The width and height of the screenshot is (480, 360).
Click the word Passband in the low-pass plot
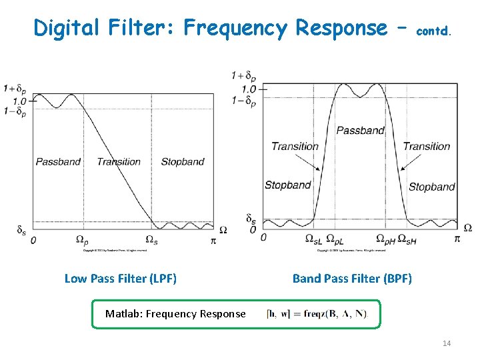click(58, 161)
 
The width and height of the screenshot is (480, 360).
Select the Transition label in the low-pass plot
click(119, 161)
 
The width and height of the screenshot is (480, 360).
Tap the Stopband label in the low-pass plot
click(182, 161)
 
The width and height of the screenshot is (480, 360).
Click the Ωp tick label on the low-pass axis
click(81, 240)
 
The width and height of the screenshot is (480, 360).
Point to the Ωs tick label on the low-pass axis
click(151, 240)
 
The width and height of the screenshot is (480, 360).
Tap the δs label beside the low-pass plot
click(21, 230)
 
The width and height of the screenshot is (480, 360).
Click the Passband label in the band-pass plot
click(360, 131)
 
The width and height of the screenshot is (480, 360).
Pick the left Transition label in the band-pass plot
click(295, 146)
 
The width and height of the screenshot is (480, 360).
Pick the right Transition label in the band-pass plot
click(427, 146)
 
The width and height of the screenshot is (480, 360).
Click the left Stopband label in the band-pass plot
click(287, 185)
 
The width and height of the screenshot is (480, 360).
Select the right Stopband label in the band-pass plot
click(431, 187)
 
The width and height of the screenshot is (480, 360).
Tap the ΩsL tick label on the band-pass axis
click(313, 239)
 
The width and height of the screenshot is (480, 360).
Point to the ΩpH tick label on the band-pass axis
click(385, 239)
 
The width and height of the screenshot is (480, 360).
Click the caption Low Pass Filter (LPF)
click(121, 279)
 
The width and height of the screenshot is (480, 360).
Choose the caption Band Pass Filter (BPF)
click(352, 279)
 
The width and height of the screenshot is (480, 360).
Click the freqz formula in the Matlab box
click(317, 314)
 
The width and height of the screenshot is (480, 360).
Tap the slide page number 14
click(447, 343)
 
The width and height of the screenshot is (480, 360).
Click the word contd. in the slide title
click(434, 31)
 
